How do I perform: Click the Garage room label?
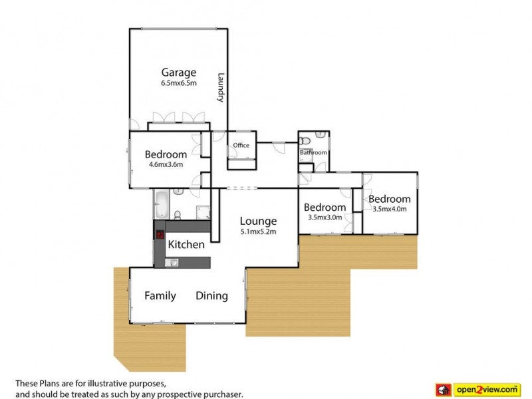pyautogui.click(x=178, y=72)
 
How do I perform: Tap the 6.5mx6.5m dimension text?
pyautogui.click(x=178, y=84)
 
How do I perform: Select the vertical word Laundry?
pyautogui.click(x=220, y=87)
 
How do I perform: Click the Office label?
pyautogui.click(x=241, y=145)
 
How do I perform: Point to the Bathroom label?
pyautogui.click(x=313, y=152)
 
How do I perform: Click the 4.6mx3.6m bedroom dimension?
pyautogui.click(x=166, y=165)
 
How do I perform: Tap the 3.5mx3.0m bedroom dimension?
pyautogui.click(x=325, y=217)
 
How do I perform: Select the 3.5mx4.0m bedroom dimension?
pyautogui.click(x=389, y=209)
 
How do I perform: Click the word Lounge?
pyautogui.click(x=258, y=221)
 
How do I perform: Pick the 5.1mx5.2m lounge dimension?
pyautogui.click(x=258, y=231)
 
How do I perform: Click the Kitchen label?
pyautogui.click(x=186, y=245)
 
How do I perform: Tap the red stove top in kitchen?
pyautogui.click(x=160, y=234)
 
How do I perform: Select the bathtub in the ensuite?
pyautogui.click(x=162, y=205)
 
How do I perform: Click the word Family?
pyautogui.click(x=160, y=296)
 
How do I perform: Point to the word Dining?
pyautogui.click(x=211, y=296)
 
